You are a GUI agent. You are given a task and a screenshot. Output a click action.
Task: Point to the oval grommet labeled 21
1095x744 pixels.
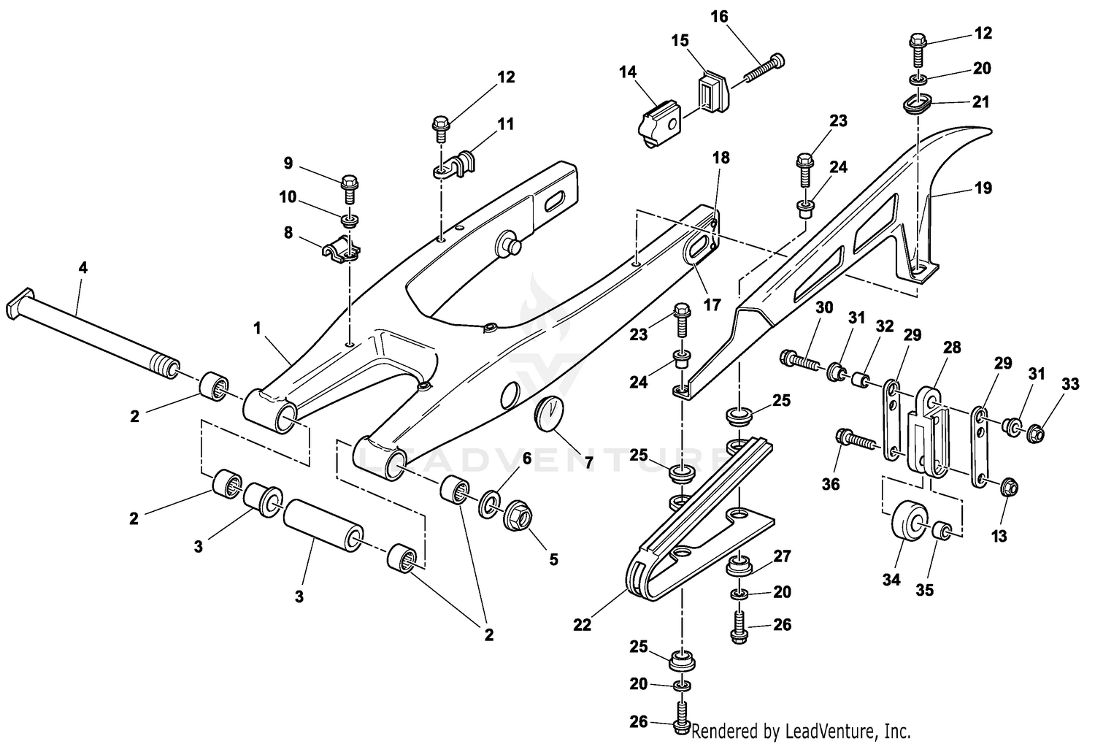(x=918, y=104)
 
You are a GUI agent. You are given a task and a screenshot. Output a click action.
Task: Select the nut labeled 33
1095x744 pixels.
(x=1036, y=434)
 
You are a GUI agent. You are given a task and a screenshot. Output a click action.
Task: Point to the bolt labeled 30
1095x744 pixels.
(x=802, y=361)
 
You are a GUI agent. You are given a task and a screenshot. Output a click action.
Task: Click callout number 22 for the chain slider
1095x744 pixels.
(x=582, y=625)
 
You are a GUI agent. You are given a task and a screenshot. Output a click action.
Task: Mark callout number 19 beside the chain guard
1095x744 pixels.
(x=983, y=188)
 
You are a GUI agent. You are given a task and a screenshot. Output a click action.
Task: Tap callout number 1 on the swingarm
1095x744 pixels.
(x=257, y=329)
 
